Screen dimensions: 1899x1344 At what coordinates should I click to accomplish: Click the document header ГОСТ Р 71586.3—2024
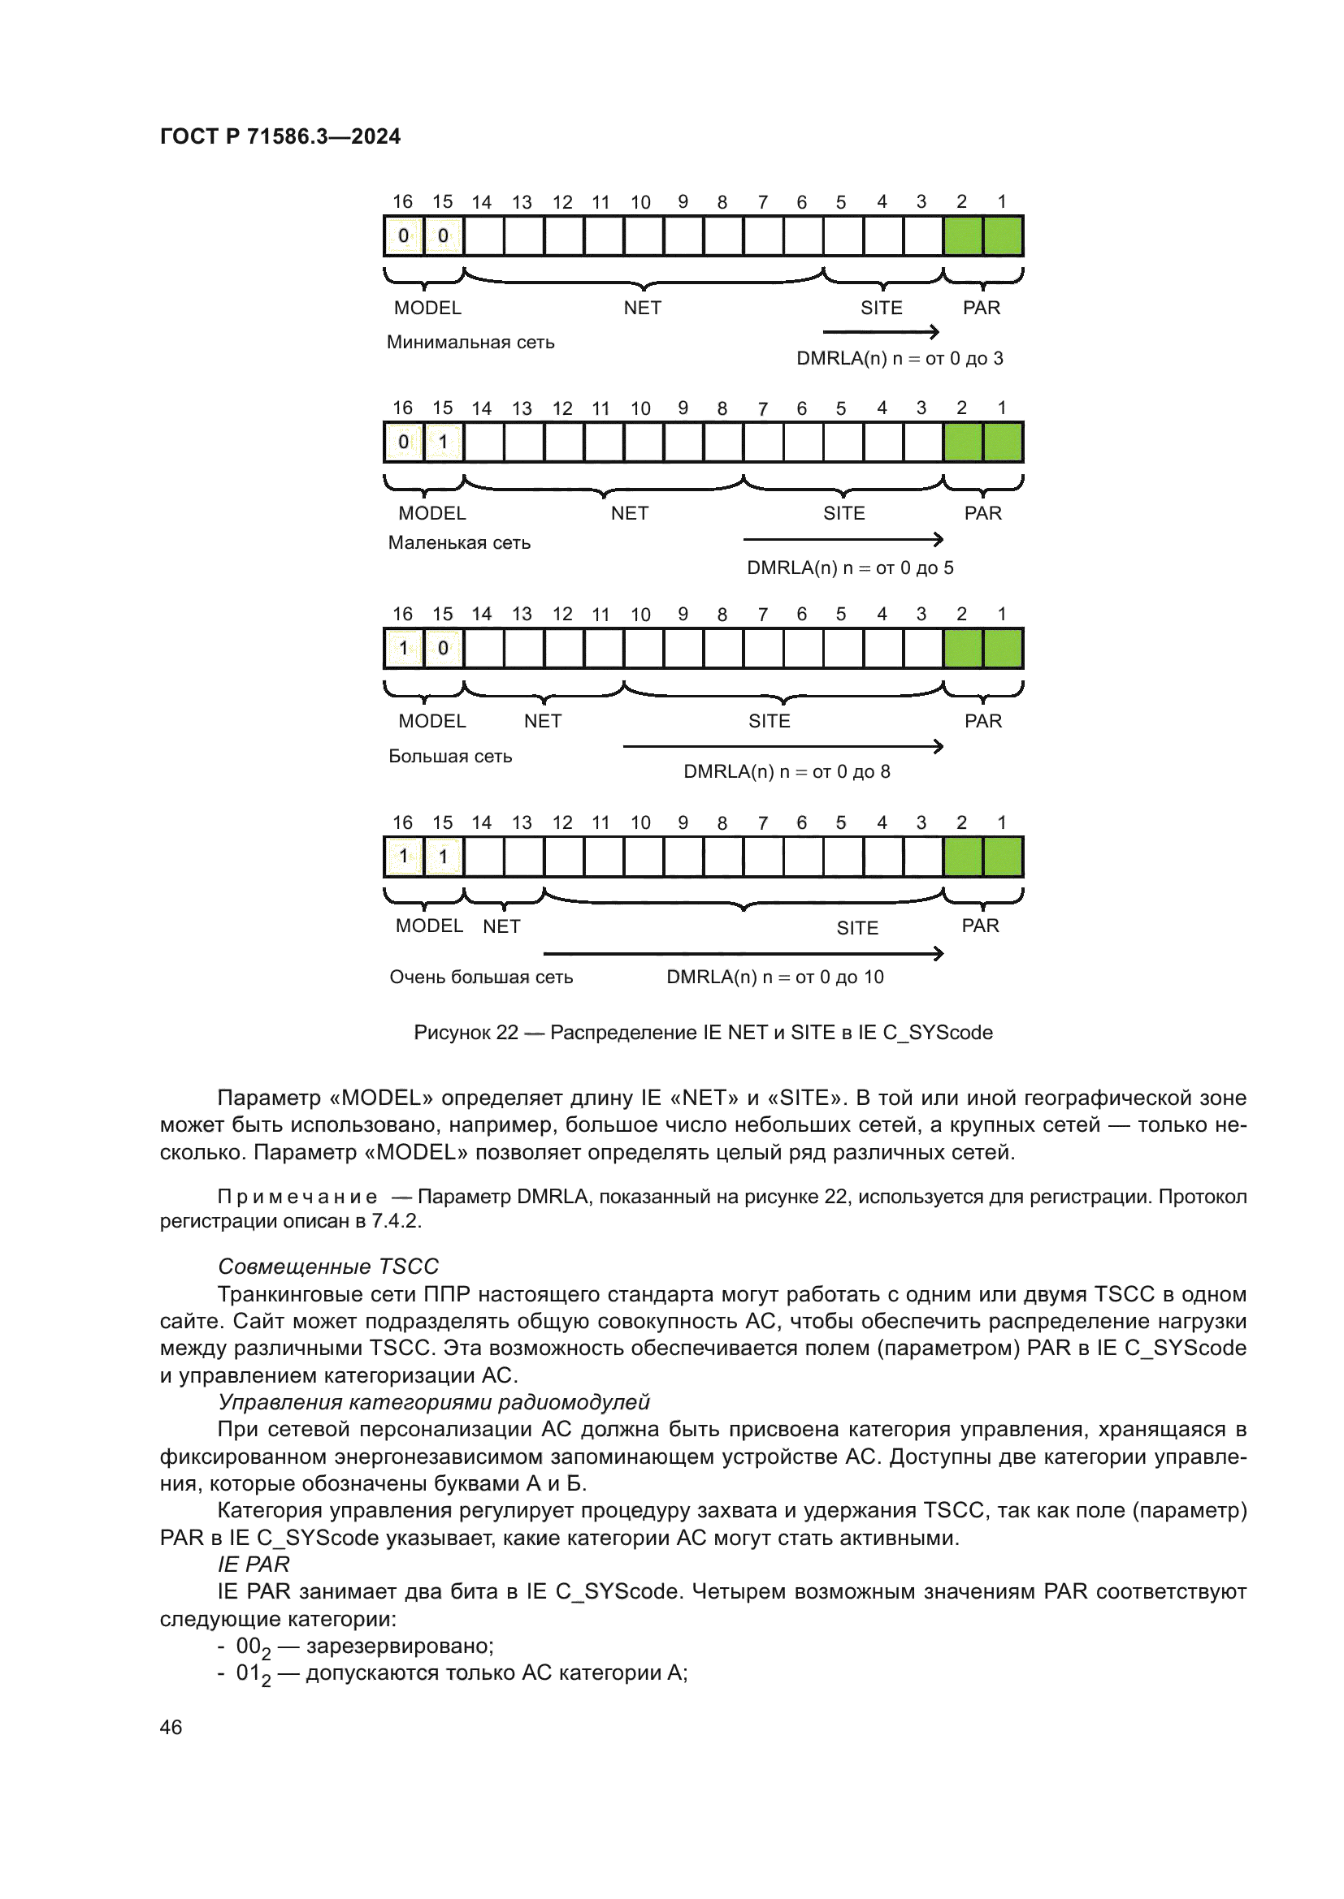pyautogui.click(x=280, y=136)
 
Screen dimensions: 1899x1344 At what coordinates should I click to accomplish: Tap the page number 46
pyautogui.click(x=171, y=1727)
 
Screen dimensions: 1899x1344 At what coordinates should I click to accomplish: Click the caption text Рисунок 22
pyautogui.click(x=466, y=1032)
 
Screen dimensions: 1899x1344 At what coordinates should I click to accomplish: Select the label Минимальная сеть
pyautogui.click(x=470, y=343)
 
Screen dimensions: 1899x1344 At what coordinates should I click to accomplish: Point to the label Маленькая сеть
pyautogui.click(x=459, y=543)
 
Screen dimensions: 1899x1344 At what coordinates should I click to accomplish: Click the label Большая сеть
pyautogui.click(x=450, y=757)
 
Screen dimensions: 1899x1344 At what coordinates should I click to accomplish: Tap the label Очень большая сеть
pyautogui.click(x=481, y=978)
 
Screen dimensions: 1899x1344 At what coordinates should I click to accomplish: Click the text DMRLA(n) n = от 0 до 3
pyautogui.click(x=900, y=359)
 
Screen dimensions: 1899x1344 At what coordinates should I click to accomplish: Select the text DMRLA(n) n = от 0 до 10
pyautogui.click(x=775, y=978)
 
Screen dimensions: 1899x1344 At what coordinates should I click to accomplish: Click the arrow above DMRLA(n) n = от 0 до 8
pyautogui.click(x=782, y=747)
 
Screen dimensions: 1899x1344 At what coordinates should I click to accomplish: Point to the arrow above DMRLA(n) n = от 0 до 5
pyautogui.click(x=843, y=540)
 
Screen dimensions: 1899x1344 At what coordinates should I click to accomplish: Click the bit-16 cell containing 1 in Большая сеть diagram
pyautogui.click(x=403, y=649)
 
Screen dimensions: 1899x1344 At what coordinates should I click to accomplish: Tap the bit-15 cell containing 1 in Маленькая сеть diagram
pyautogui.click(x=443, y=442)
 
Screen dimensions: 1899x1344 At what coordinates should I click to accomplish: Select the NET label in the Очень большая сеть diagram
pyautogui.click(x=501, y=927)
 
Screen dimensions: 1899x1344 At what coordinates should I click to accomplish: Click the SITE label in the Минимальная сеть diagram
pyautogui.click(x=882, y=309)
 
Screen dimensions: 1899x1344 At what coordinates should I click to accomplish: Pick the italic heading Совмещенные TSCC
pyautogui.click(x=327, y=1267)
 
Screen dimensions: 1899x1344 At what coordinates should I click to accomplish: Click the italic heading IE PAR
pyautogui.click(x=254, y=1565)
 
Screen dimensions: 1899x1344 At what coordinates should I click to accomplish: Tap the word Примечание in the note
pyautogui.click(x=297, y=1198)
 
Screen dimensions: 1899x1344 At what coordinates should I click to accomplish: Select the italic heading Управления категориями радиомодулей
pyautogui.click(x=434, y=1403)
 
